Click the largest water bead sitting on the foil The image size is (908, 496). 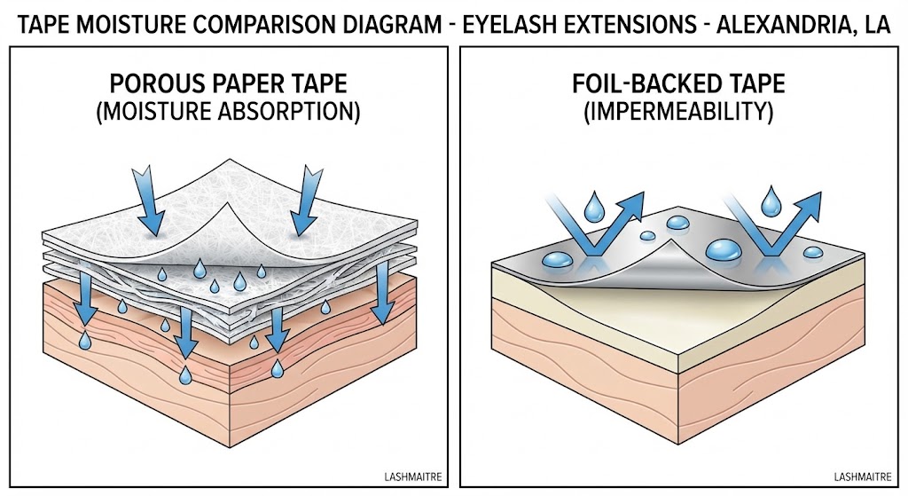pos(723,249)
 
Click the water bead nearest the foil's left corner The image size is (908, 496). pos(559,258)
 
